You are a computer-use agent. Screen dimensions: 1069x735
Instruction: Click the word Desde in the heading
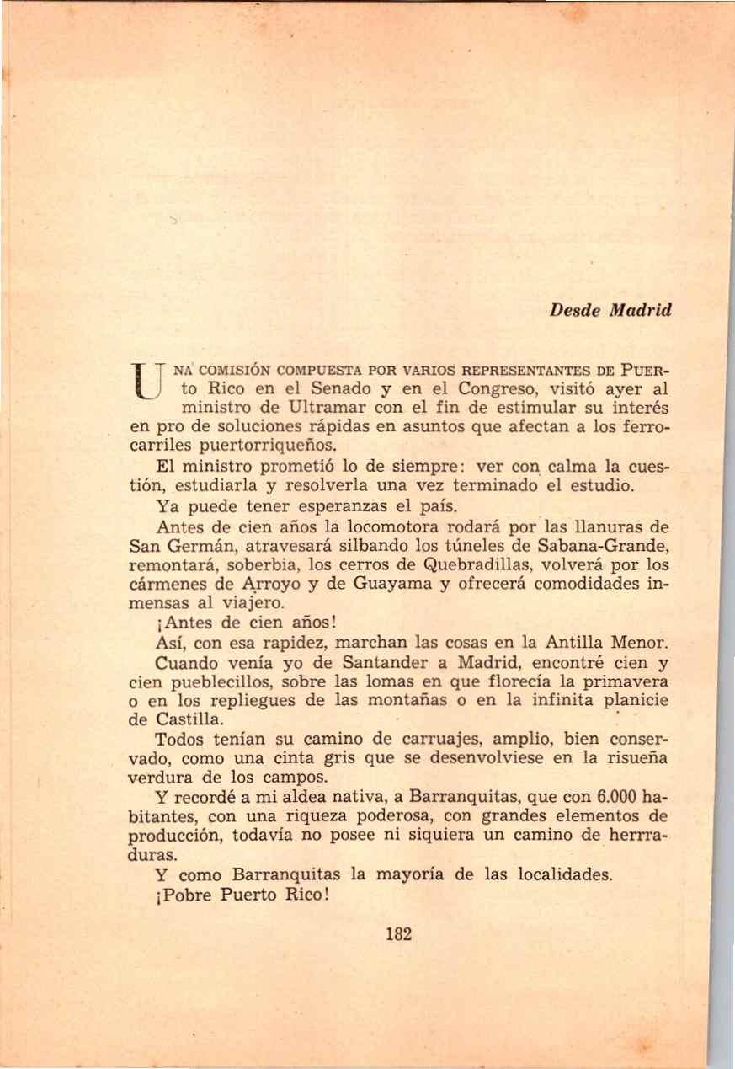click(x=573, y=310)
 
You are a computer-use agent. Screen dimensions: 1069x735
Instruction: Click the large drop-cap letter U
click(x=149, y=380)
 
